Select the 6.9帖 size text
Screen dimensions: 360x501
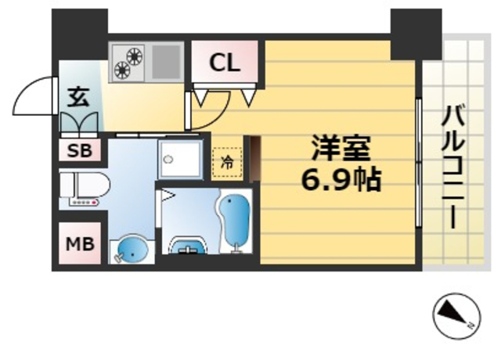(x=341, y=182)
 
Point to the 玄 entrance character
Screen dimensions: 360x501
(x=77, y=99)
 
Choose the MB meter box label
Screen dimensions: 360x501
(x=78, y=243)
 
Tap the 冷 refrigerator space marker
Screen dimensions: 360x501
(x=227, y=163)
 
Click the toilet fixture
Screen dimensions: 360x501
(x=85, y=189)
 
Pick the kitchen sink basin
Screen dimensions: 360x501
(x=167, y=59)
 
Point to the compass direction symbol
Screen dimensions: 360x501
(x=455, y=316)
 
